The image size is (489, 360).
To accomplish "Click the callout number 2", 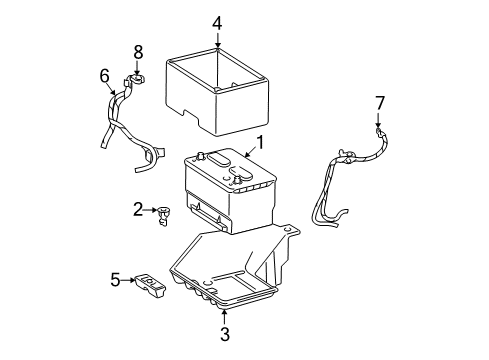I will tap(138, 209).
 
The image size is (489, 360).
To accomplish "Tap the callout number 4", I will tap(217, 21).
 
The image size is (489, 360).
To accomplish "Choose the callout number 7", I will tap(379, 103).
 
